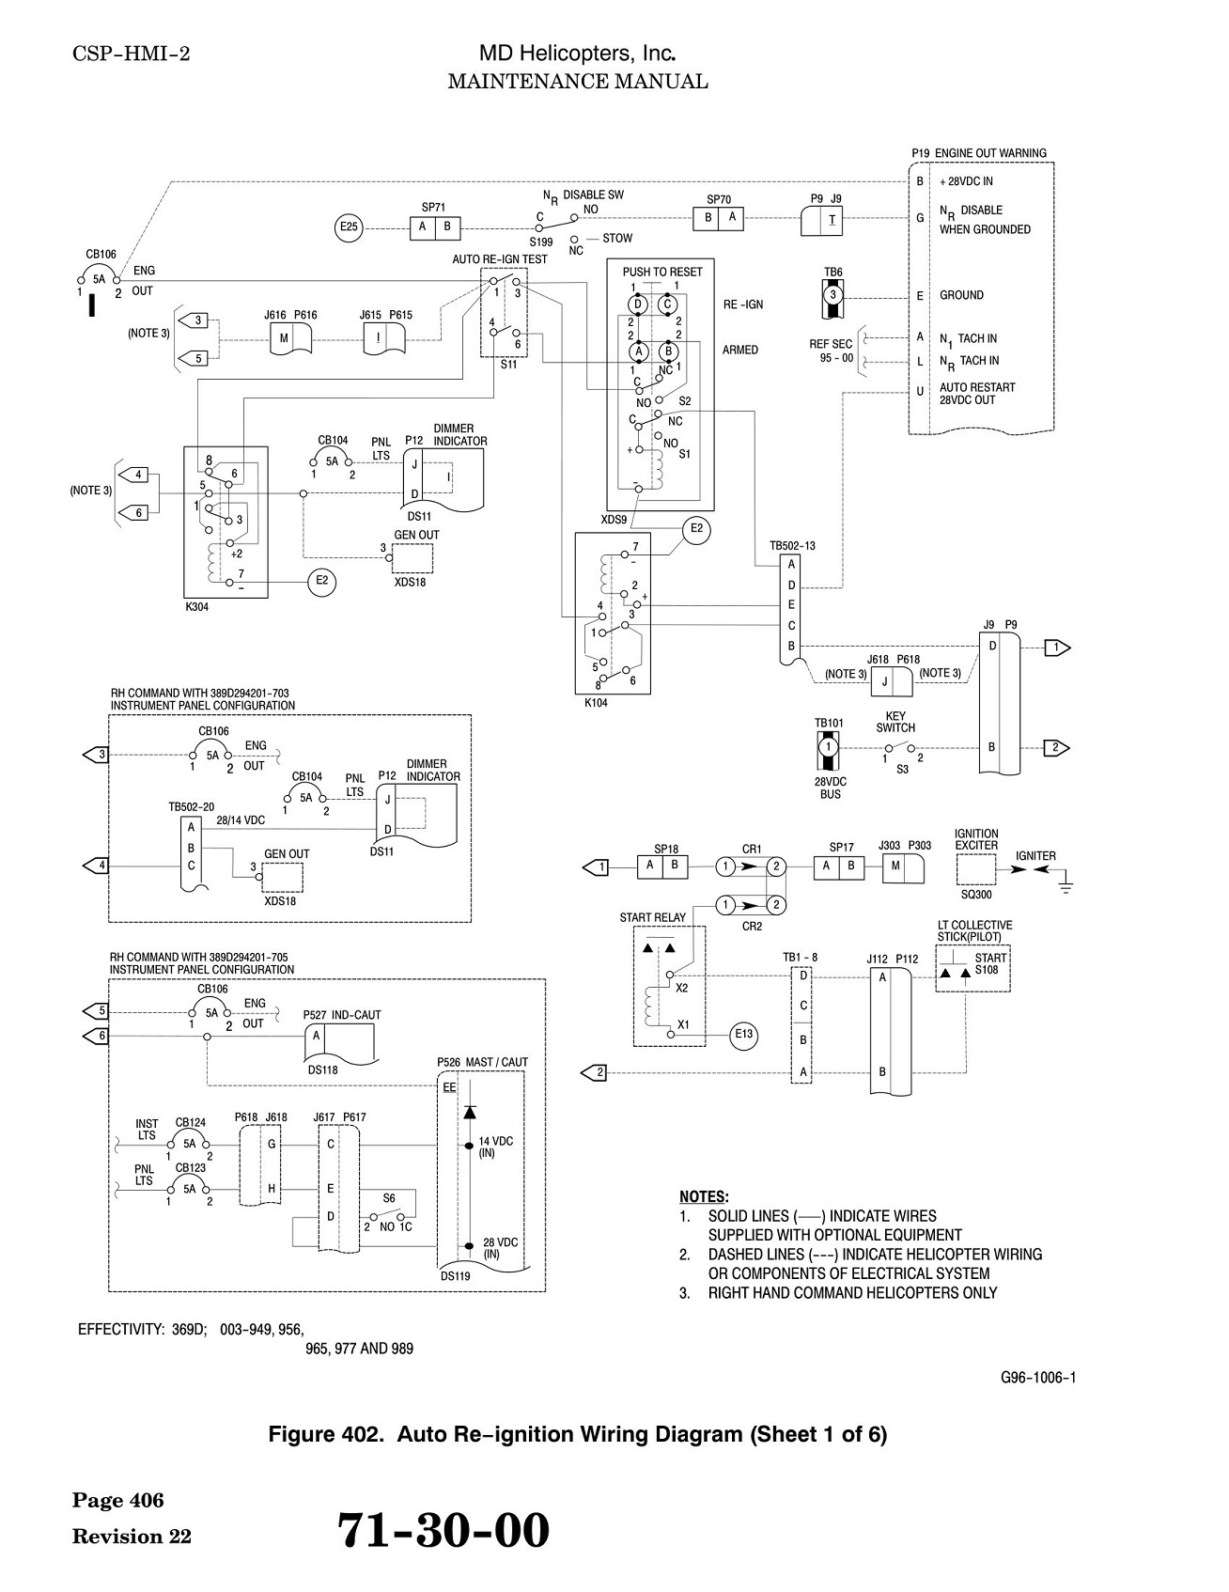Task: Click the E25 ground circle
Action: coord(350,226)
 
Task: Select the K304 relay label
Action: coord(197,607)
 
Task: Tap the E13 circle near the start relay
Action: coord(743,1035)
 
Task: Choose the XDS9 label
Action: coord(614,520)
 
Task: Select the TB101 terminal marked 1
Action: coord(828,746)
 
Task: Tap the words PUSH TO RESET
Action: coord(662,272)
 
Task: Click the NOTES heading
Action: coord(703,1196)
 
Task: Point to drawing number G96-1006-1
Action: coord(1038,1378)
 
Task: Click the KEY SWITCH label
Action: coord(895,722)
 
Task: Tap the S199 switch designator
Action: coord(541,242)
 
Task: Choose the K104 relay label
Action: coord(596,702)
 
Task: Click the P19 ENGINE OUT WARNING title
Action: coord(979,153)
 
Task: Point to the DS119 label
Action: coord(455,1276)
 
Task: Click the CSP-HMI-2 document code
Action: coord(132,55)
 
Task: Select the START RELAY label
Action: coord(653,917)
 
